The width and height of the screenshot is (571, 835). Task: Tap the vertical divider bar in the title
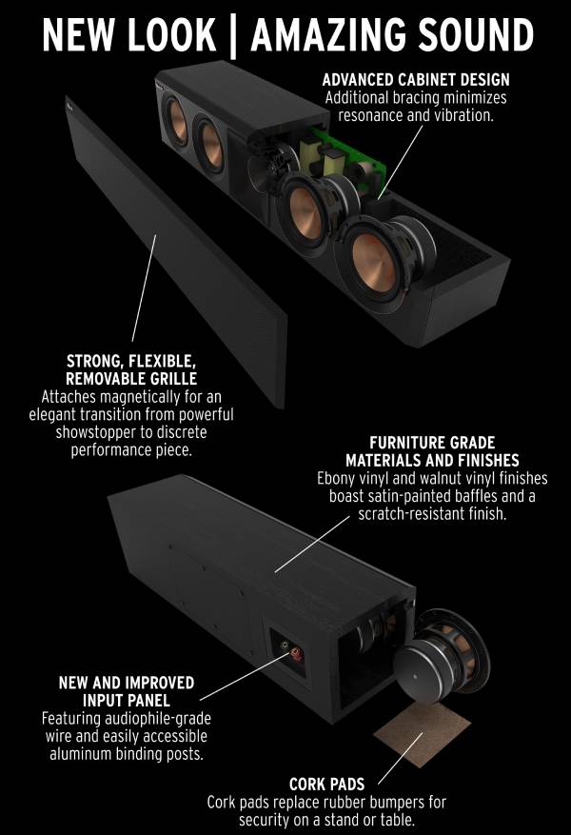pyautogui.click(x=233, y=36)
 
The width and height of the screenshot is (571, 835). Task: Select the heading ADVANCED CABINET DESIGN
pyautogui.click(x=416, y=80)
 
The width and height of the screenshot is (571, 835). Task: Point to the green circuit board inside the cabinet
pyautogui.click(x=345, y=154)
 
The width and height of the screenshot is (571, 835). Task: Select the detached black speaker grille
pyautogui.click(x=176, y=250)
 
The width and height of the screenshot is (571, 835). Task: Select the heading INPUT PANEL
pyautogui.click(x=127, y=700)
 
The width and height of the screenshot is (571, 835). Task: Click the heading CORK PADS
pyautogui.click(x=326, y=784)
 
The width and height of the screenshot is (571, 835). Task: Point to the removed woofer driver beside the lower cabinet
pyautogui.click(x=442, y=652)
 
